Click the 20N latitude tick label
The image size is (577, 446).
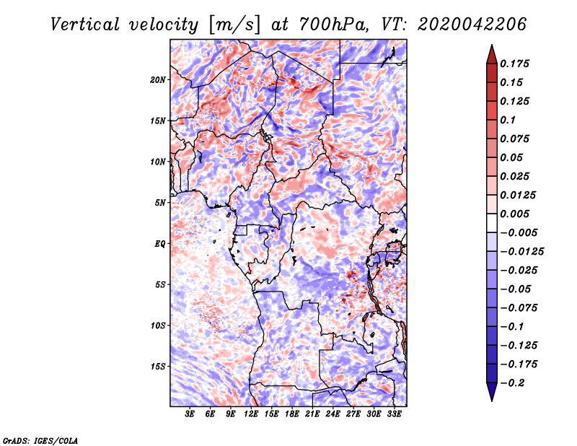(158, 79)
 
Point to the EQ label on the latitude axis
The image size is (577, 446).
(160, 243)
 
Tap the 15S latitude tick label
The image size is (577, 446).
(158, 366)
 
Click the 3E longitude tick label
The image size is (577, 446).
(190, 414)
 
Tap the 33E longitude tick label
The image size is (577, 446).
(395, 414)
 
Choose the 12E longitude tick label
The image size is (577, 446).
(252, 414)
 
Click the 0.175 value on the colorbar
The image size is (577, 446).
(516, 64)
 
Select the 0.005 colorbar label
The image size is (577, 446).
(516, 214)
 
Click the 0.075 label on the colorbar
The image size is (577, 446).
(516, 139)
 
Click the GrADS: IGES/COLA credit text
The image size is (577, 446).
(40, 440)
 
